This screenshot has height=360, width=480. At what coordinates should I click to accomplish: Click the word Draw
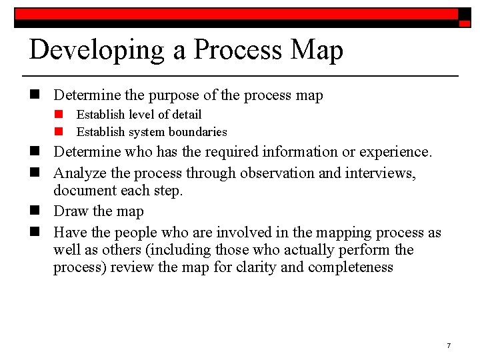click(70, 211)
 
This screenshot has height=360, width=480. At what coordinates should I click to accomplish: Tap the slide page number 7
click(449, 345)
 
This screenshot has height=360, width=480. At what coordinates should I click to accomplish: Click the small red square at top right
click(465, 23)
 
